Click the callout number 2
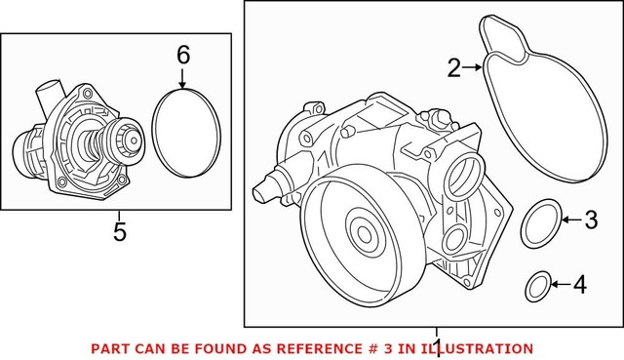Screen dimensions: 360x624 [453, 67]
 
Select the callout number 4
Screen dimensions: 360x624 [580, 286]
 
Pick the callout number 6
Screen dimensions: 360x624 [182, 56]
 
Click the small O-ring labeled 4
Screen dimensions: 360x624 [535, 286]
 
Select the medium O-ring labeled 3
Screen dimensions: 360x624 [540, 223]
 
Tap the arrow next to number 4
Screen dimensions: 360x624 [560, 286]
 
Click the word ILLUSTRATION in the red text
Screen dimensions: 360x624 [480, 347]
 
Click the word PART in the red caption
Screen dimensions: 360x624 [109, 347]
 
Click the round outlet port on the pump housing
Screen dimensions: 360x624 [459, 179]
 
